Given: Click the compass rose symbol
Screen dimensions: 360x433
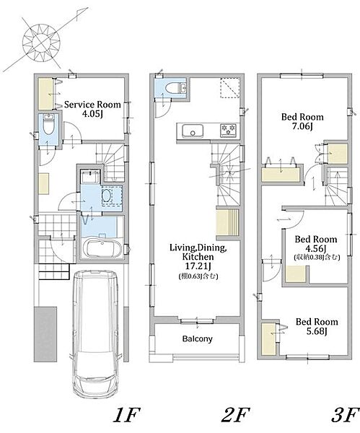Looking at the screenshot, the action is point(41,43).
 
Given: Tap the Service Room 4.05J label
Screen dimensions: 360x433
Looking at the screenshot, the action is point(92,109).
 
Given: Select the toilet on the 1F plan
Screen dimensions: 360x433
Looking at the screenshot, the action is point(49,125).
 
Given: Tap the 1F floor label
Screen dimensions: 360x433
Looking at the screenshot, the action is point(127,415).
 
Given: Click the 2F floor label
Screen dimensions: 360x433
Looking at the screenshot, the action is point(235,415).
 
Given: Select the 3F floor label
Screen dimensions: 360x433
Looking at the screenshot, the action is point(345,415).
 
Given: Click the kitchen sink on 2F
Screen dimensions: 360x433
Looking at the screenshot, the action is point(193,131).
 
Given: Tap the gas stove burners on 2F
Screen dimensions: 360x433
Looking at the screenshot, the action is point(228,130).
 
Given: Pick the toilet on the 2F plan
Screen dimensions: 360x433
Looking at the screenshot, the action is point(172,88).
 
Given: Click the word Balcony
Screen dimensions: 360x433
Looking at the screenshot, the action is point(198,339).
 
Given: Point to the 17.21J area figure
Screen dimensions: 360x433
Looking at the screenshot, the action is point(198,266).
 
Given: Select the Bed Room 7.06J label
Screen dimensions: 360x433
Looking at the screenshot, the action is point(302,121).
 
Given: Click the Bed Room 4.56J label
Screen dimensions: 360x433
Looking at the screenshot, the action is point(316,244).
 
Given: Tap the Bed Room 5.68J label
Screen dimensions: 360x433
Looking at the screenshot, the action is point(317,326).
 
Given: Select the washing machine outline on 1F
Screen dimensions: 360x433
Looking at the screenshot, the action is point(112,196).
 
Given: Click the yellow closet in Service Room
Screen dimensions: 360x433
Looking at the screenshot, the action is point(45,94).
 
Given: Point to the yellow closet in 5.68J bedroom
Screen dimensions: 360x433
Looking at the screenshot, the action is point(268,338).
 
